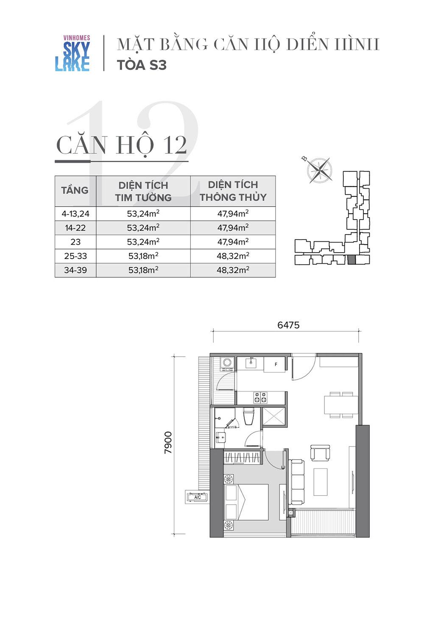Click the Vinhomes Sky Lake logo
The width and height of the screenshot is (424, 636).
click(73, 53)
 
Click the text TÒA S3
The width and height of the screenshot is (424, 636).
click(142, 65)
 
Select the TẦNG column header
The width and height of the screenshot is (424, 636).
click(75, 190)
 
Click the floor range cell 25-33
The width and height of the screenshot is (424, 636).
click(75, 256)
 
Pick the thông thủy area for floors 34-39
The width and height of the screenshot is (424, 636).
click(233, 270)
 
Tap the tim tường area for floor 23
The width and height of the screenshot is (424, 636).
click(143, 242)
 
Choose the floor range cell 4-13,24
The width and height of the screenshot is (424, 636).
click(75, 214)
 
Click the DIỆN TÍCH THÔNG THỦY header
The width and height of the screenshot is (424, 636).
click(233, 191)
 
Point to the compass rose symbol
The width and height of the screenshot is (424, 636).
click(319, 170)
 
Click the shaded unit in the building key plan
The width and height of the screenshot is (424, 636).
click(351, 260)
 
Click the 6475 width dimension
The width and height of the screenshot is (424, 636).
click(288, 325)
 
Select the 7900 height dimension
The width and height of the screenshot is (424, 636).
click(168, 443)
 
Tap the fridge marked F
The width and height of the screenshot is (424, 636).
click(275, 365)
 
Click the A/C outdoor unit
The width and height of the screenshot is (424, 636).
click(198, 497)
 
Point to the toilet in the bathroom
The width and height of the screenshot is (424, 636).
click(248, 416)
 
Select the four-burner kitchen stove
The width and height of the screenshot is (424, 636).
click(260, 398)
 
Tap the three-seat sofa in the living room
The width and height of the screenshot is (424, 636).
click(297, 482)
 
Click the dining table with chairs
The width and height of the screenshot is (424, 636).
click(341, 405)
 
